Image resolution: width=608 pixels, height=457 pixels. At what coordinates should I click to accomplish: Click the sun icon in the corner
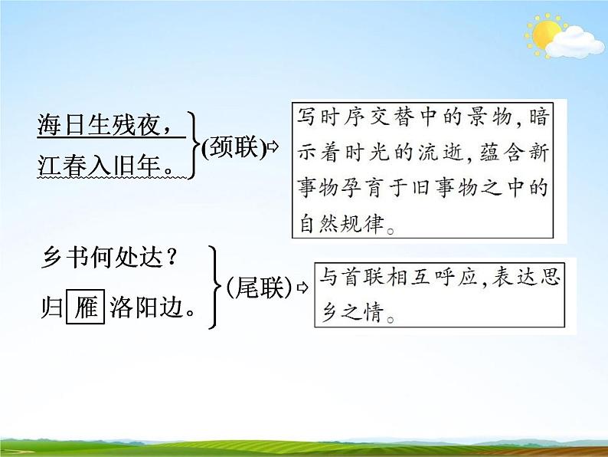pos(546,35)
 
